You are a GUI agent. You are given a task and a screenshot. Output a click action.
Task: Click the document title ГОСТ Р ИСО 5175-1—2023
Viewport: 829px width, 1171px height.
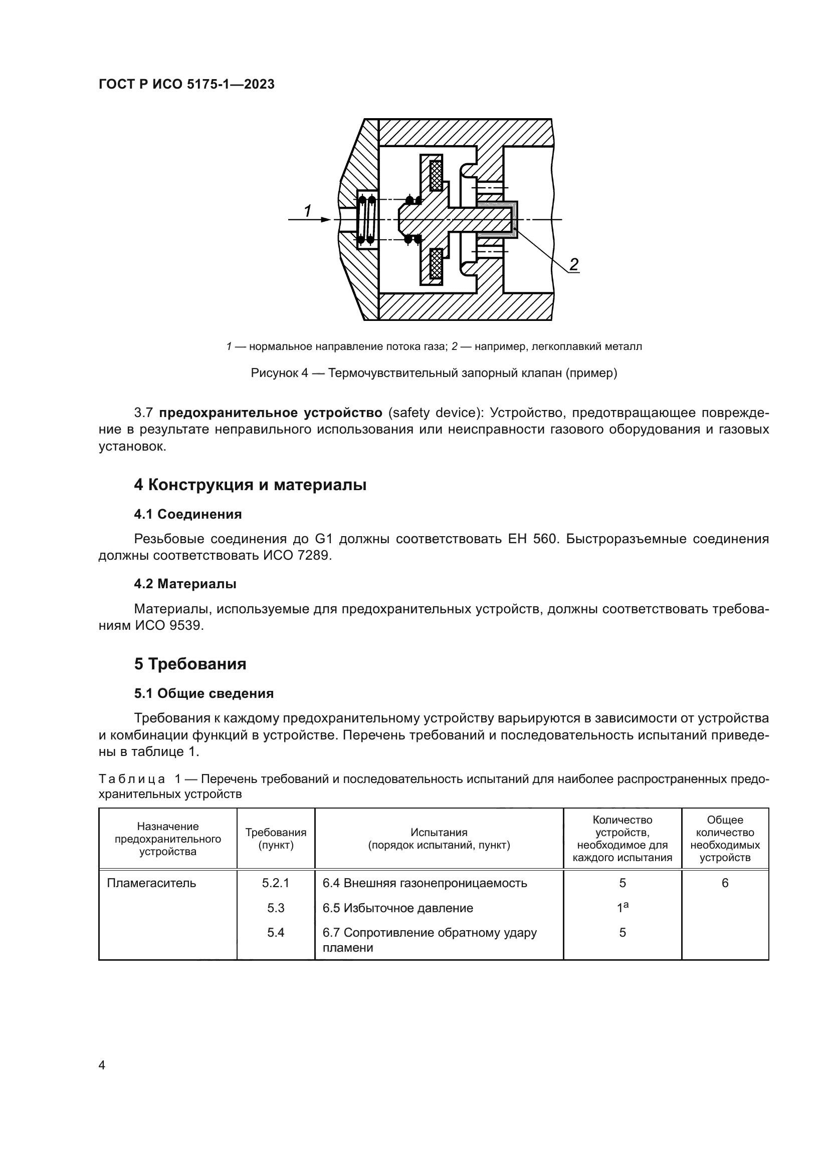186,84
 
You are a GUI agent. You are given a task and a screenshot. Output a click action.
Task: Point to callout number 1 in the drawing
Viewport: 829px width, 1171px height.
307,211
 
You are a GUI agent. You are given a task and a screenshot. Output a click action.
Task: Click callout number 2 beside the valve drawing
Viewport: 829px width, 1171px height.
574,264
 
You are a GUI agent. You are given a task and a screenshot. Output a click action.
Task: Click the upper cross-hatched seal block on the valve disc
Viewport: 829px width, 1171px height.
436,175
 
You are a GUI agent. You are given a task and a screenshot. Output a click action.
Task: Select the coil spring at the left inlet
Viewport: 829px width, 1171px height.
366,219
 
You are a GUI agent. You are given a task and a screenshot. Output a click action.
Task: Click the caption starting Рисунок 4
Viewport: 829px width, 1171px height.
434,373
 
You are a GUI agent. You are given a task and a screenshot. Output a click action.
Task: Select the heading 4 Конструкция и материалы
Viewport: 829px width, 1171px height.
250,485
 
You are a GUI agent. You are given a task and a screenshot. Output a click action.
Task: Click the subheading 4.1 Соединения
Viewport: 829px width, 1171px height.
188,514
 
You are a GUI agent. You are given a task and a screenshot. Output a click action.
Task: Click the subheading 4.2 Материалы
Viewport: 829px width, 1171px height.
185,584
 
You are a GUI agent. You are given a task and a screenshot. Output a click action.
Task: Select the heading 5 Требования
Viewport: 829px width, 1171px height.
190,664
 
